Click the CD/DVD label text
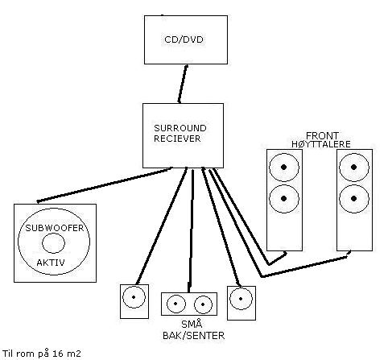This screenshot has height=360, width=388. click(x=184, y=39)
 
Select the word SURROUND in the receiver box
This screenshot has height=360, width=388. click(x=180, y=128)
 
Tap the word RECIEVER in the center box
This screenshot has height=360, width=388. click(x=177, y=139)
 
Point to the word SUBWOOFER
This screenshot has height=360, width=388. click(x=55, y=228)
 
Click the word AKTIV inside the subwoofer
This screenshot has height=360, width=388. click(x=51, y=263)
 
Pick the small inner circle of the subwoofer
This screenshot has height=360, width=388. click(x=53, y=233)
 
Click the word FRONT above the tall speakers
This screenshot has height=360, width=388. click(x=322, y=135)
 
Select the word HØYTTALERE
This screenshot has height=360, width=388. click(x=321, y=144)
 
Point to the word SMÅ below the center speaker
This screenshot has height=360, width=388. click(x=192, y=324)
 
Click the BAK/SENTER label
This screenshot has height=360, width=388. click(x=193, y=336)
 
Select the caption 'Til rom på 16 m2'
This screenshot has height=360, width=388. click(x=42, y=354)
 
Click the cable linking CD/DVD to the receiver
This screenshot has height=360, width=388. click(x=183, y=84)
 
